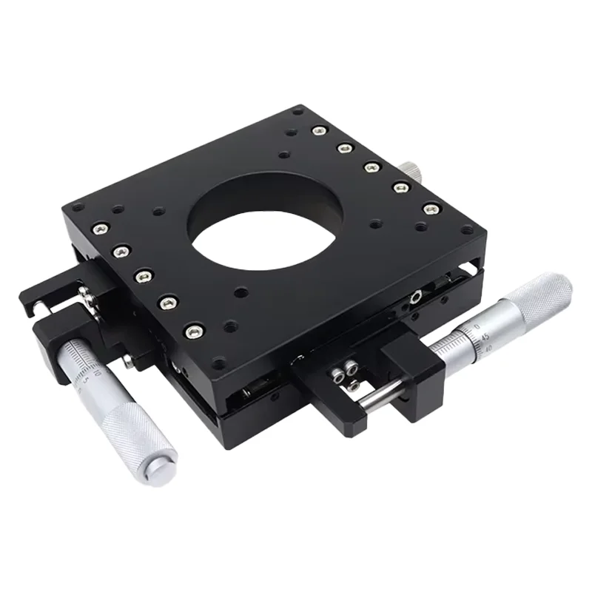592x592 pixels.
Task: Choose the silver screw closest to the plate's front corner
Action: click(194, 331)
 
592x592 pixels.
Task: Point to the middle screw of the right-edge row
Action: click(372, 168)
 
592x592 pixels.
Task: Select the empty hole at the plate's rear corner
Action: click(297, 112)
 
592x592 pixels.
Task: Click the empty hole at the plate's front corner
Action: click(219, 362)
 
